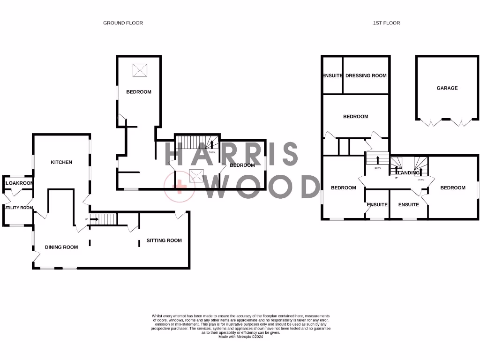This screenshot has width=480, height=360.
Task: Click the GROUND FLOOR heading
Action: (123, 22)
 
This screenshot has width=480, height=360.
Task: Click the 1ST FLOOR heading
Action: (386, 22)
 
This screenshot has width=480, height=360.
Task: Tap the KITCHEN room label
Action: (61, 162)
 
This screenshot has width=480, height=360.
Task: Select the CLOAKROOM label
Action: (18, 183)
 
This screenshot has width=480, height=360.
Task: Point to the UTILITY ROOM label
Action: (18, 208)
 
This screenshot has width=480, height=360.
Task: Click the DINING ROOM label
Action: (61, 247)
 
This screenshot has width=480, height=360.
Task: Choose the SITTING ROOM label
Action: (164, 240)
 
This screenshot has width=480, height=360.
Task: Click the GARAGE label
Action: (447, 88)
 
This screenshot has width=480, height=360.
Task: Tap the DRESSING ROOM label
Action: (366, 75)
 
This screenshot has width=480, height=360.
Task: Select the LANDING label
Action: (408, 173)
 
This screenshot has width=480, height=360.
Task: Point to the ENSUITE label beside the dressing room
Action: (332, 75)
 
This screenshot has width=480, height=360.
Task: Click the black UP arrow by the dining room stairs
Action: (94, 219)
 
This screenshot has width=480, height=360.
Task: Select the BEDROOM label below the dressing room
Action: (355, 117)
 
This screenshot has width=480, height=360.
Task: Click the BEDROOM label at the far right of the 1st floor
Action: (452, 187)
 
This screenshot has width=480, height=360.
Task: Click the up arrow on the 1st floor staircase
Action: (377, 159)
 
